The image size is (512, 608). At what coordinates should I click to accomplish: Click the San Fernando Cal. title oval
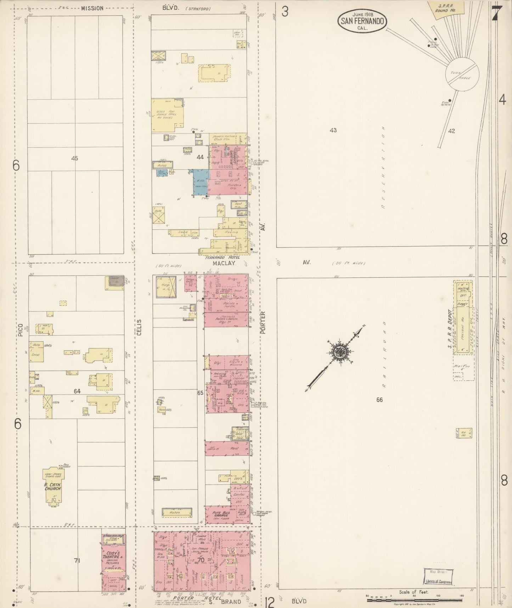(x=362, y=20)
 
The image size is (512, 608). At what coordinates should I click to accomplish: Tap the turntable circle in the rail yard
(x=462, y=74)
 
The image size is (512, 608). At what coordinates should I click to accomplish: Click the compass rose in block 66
(x=338, y=352)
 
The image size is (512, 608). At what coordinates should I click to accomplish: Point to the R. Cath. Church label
(x=53, y=486)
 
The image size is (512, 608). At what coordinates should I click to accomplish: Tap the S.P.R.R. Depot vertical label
(x=450, y=328)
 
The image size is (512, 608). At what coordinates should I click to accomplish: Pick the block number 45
(x=74, y=159)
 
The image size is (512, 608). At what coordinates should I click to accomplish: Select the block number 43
(x=333, y=130)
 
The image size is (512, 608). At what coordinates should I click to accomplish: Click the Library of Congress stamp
(x=439, y=576)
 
